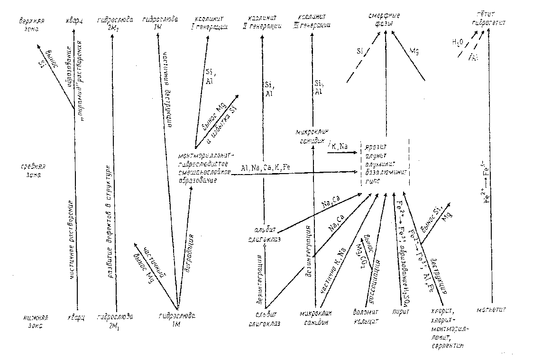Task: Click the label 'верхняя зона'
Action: pos(29,24)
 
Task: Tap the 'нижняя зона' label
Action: pos(33,321)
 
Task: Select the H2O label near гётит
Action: pos(458,43)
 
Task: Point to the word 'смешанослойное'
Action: pos(203,171)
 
